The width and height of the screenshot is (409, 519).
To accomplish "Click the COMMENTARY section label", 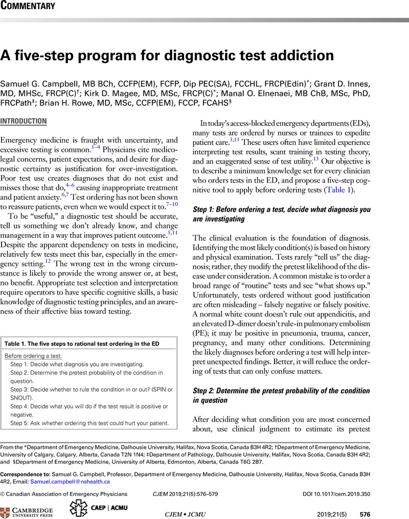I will (28, 7).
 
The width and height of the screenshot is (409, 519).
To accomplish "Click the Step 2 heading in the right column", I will (289, 395).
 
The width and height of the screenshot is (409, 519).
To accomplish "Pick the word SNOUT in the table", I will (22, 397).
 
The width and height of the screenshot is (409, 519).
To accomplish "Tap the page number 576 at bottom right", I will (365, 514).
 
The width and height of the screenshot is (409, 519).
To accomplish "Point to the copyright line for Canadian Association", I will (64, 494).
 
